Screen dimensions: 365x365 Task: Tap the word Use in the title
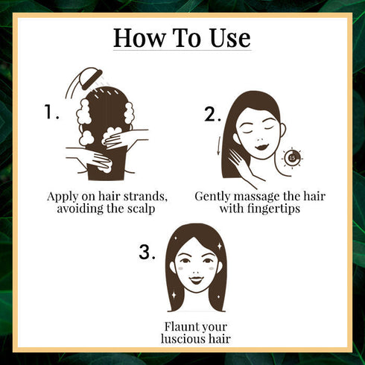(225, 36)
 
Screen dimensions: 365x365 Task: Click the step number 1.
(51, 112)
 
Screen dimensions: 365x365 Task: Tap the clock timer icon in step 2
(293, 157)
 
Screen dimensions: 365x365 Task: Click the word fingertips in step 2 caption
(270, 209)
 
